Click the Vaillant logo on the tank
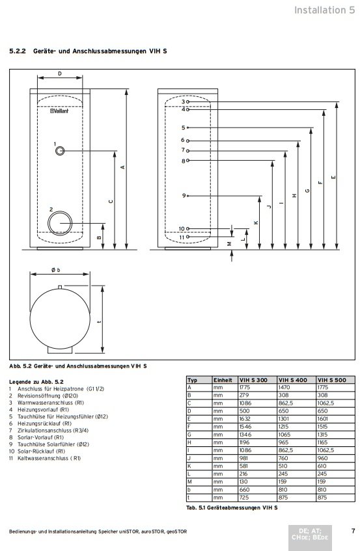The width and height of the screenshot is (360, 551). pyautogui.click(x=59, y=111)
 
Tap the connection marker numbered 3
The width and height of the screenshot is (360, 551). pyautogui.click(x=187, y=101)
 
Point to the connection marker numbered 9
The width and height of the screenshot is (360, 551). pyautogui.click(x=187, y=196)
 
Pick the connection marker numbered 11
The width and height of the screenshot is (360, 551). pyautogui.click(x=187, y=237)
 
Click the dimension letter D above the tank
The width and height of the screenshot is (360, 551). pyautogui.click(x=60, y=74)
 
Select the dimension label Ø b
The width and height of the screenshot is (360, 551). pyautogui.click(x=55, y=270)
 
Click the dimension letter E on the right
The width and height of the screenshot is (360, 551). pyautogui.click(x=333, y=178)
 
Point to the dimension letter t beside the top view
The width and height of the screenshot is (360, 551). pyautogui.click(x=100, y=321)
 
